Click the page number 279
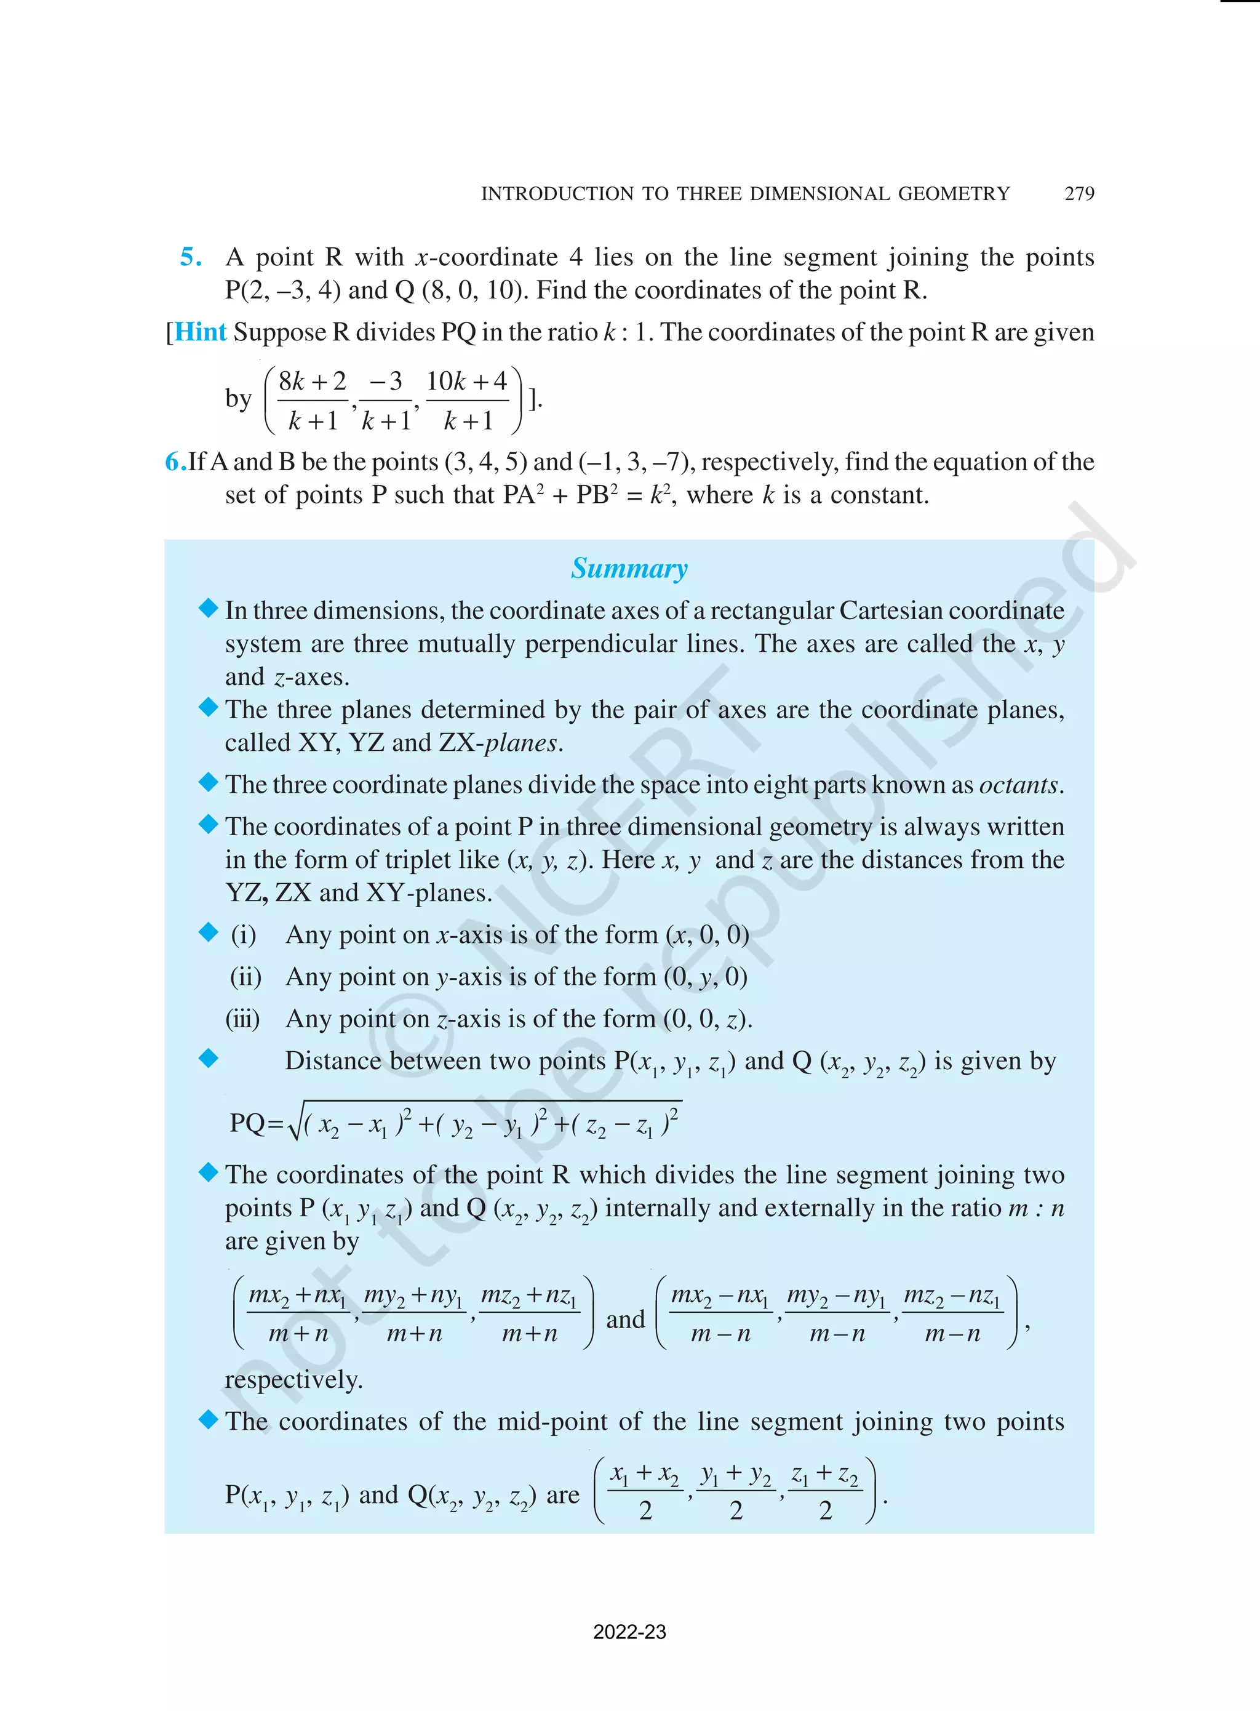coord(1079,194)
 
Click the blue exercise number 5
coord(191,257)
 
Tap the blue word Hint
coord(201,332)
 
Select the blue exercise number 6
coord(175,462)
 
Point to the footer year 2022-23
coord(629,1632)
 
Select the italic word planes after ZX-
coord(521,743)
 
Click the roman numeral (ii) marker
coord(245,977)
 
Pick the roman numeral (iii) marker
coord(242,1019)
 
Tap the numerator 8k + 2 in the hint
coord(312,382)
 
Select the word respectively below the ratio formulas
coord(293,1380)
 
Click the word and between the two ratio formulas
coord(624,1320)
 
